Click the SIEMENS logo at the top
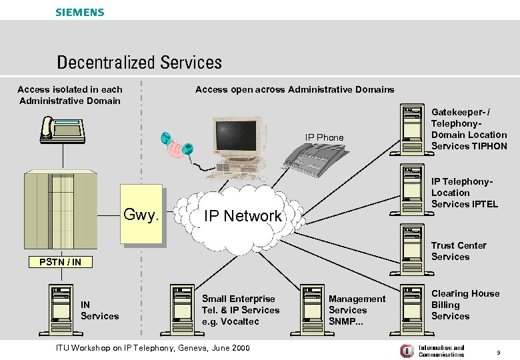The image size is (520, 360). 79,12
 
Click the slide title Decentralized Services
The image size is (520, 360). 139,63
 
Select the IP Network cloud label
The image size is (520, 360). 243,215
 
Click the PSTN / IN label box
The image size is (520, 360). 59,261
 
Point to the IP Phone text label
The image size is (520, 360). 325,137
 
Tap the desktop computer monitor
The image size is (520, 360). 234,137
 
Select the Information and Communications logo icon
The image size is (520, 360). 406,351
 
